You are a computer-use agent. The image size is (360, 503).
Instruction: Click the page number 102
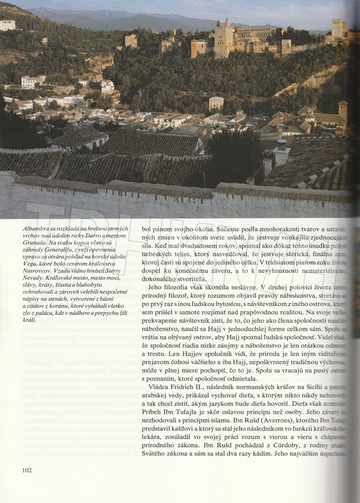click(x=27, y=470)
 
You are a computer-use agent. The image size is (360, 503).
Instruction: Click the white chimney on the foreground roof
click(x=281, y=153)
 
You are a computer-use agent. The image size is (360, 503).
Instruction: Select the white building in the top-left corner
click(x=8, y=25)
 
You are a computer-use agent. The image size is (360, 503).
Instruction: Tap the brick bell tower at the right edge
click(x=343, y=111)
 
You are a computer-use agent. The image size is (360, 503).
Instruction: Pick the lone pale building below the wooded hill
click(x=216, y=103)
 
